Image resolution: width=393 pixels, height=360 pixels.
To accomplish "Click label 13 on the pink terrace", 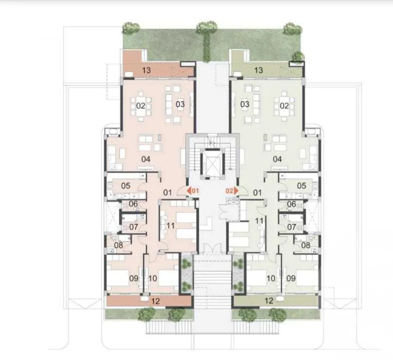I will coord(147,70).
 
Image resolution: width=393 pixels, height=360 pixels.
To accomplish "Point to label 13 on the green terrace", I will coord(258,70).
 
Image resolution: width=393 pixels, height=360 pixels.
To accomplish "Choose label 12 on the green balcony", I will coord(268,301).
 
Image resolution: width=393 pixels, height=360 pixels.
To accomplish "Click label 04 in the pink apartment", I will coord(146,160).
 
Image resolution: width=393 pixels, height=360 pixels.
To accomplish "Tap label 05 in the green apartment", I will coord(301,186).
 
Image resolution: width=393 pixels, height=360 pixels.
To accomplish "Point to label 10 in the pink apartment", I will coord(153,279).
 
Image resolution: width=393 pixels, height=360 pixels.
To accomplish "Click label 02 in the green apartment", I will coord(284,106).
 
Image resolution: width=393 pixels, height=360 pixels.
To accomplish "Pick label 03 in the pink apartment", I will coord(180,104).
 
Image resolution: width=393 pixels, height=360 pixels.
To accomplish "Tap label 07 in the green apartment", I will coord(292,227).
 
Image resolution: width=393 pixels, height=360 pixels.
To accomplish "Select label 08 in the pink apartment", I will coord(119,245).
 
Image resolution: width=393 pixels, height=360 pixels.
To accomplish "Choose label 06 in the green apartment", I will coord(291,204).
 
